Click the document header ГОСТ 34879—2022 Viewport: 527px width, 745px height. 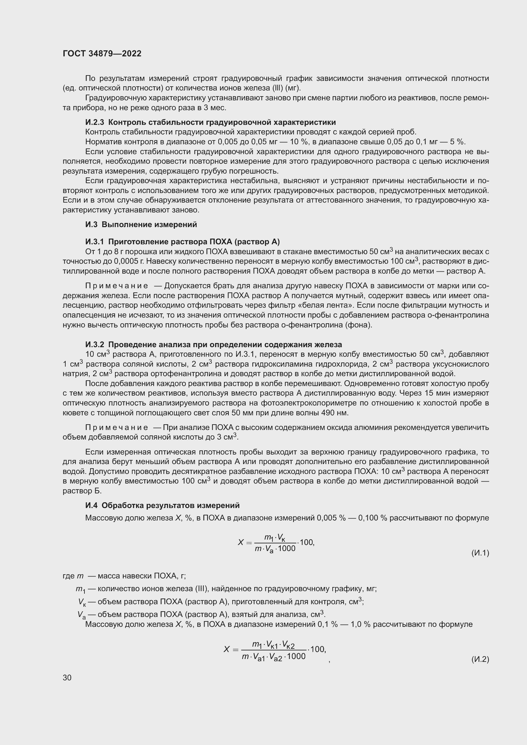point(102,54)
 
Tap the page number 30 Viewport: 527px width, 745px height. point(67,677)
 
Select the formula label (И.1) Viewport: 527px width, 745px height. point(480,553)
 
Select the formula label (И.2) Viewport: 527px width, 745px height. point(480,659)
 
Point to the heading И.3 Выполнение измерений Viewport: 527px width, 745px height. point(141,225)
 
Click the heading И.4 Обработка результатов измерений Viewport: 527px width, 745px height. point(162,505)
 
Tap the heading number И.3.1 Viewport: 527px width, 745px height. point(94,242)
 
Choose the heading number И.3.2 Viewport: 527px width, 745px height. point(94,344)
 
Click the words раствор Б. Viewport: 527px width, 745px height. point(82,491)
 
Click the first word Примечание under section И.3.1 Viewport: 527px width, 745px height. point(117,286)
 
